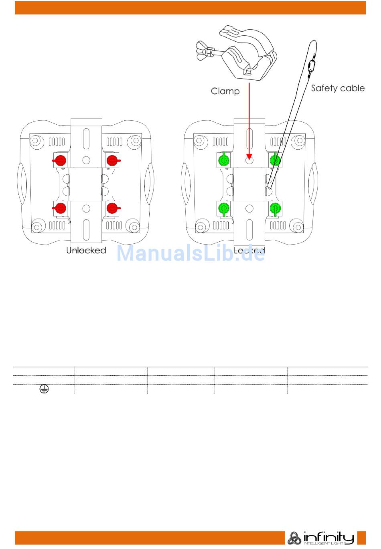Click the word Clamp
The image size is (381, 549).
pos(225,91)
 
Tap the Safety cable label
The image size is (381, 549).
pos(338,88)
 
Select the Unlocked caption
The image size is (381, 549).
pos(86,250)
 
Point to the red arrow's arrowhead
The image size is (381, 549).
pos(249,156)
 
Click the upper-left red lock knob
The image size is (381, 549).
pos(60,160)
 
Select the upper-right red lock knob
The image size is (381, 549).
pos(112,160)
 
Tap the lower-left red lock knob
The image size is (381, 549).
pos(60,208)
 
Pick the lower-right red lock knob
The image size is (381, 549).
pos(112,208)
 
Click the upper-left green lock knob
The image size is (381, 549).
pos(223,160)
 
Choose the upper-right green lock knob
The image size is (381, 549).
pos(275,160)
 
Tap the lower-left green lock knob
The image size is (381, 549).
pos(223,208)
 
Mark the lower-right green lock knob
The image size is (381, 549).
pos(275,208)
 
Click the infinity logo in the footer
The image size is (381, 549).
pos(321,538)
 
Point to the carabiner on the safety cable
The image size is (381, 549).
pos(311,67)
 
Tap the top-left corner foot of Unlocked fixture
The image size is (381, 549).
pos(35,141)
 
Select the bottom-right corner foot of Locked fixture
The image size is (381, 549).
pos(297,225)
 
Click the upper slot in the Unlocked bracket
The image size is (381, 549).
pos(86,139)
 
